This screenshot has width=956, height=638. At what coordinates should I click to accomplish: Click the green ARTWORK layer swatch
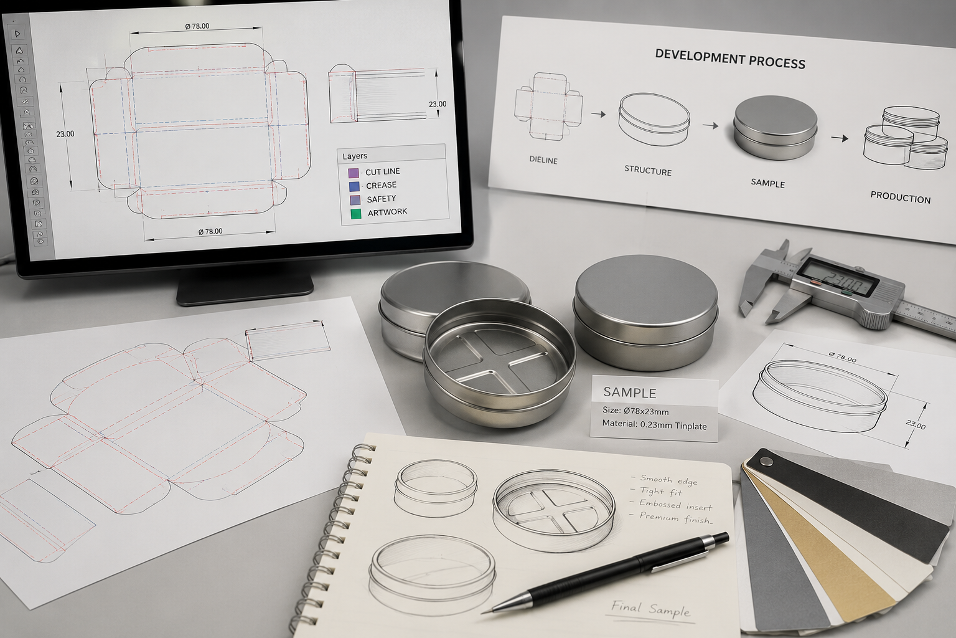point(356,214)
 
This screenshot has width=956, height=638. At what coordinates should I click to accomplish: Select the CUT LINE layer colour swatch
point(354,173)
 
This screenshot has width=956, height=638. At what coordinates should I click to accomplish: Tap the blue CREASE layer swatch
point(354,186)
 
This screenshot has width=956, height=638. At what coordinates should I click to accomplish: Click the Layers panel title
point(355,156)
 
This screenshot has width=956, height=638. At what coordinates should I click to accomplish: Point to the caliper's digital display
point(838,279)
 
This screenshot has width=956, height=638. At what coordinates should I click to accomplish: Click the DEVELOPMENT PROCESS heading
point(730,59)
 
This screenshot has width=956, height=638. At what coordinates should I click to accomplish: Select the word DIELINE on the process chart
point(543,160)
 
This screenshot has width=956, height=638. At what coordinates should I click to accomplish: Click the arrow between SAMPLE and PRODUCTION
point(840,138)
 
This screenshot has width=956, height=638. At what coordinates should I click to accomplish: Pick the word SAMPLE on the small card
point(629,393)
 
